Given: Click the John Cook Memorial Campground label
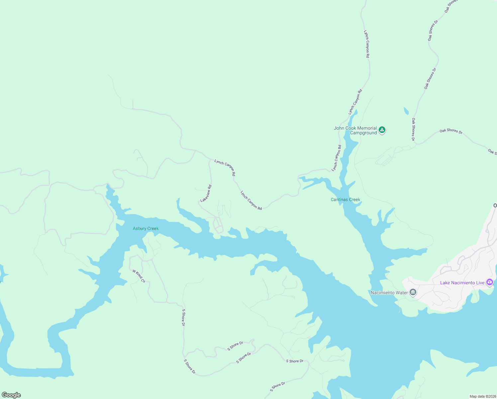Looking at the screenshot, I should point(355,130).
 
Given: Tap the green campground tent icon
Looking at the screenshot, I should point(382,130).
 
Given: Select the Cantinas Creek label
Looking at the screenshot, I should point(345,199).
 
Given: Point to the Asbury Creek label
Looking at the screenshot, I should point(146,228).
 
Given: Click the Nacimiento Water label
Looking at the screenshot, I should point(389,293).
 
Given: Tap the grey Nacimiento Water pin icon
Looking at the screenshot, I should point(413,292).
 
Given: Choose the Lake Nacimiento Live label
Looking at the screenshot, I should point(462,283).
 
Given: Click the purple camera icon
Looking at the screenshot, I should point(489,282).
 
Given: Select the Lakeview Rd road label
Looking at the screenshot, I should point(206,194).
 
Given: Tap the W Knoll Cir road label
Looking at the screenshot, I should point(139,276).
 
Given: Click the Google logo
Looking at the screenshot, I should point(11,395).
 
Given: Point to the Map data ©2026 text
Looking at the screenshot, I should point(483,396).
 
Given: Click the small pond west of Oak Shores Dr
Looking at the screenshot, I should point(406,111).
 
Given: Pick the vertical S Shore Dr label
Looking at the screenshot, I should point(183,318).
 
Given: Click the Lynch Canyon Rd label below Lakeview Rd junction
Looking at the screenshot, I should point(251,200).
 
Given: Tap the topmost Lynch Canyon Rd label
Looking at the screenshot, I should point(366,44).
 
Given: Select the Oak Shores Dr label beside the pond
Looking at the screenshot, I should point(413,129).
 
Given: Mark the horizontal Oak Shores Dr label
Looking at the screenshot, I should point(451,131).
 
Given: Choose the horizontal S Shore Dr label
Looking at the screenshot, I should point(295,361).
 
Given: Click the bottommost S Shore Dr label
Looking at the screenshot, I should point(277,387).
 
